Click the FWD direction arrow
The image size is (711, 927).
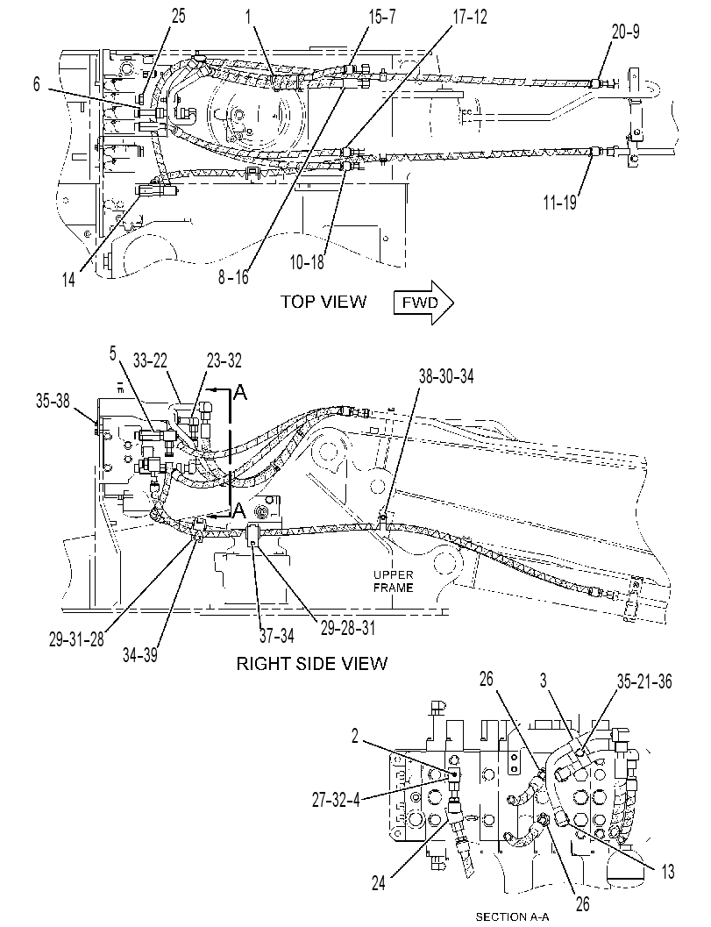(x=423, y=303)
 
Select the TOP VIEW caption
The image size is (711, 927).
(x=324, y=302)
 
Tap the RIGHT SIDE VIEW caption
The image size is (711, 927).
(x=311, y=663)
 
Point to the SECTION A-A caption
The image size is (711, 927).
(x=512, y=917)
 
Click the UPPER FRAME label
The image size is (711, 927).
(x=393, y=581)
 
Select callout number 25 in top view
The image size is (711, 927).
(x=178, y=16)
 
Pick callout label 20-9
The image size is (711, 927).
(x=625, y=31)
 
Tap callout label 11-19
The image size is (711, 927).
(x=559, y=203)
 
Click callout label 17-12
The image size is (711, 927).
(x=470, y=18)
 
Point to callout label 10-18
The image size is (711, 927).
(x=307, y=262)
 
